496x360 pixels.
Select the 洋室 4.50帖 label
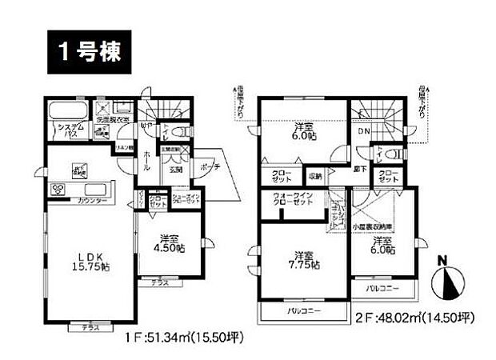point(170,243)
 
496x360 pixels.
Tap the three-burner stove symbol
point(58,189)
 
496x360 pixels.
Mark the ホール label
point(146,163)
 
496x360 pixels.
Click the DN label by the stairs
point(364,132)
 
